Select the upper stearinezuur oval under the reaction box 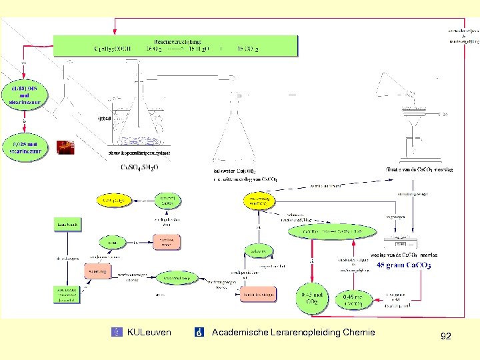point(25,95)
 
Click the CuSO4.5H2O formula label point(139,167)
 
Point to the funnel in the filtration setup point(413,123)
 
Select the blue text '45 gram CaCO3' point(403,265)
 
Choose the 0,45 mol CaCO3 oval point(353,299)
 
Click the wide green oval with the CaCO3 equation point(333,231)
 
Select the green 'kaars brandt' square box point(67,225)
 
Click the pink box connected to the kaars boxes point(97,271)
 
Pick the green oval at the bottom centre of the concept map point(175,279)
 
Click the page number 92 point(445,337)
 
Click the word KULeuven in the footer point(149,332)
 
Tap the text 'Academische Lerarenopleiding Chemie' point(293,332)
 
